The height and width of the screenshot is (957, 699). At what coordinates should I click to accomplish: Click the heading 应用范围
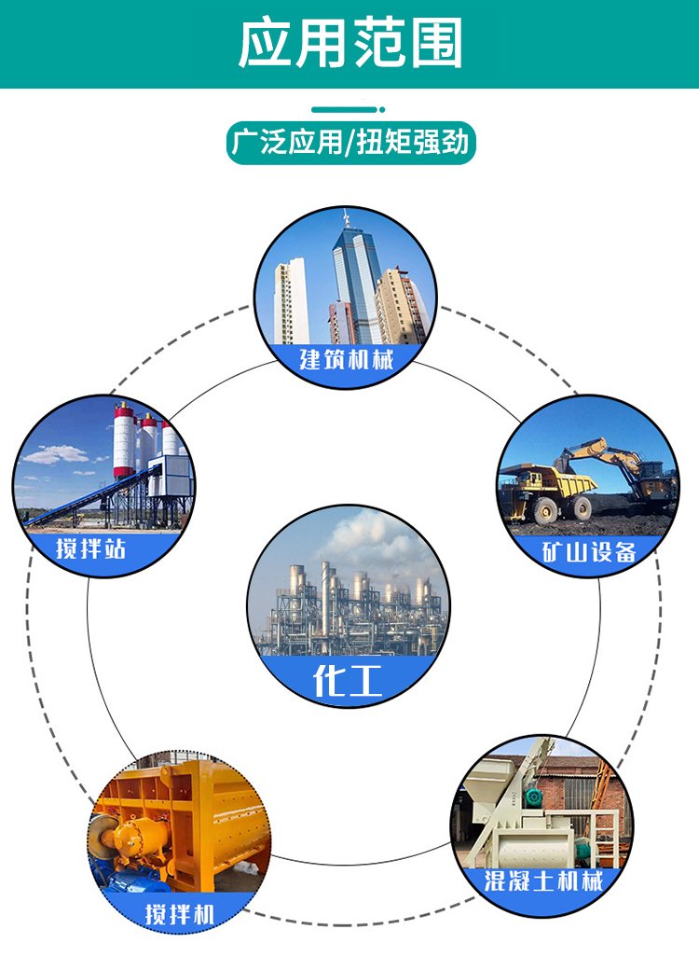[x=350, y=43]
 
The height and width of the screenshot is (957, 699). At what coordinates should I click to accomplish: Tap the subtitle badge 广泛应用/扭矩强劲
[x=350, y=143]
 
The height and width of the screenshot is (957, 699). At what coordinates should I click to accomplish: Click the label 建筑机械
[x=346, y=359]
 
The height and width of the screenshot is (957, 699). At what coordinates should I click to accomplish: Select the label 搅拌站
[x=90, y=548]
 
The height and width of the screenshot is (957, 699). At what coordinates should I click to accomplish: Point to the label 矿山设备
[x=589, y=552]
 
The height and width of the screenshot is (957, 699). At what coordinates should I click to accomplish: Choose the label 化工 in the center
[x=348, y=680]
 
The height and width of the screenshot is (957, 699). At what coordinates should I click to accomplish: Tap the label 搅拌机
[x=180, y=915]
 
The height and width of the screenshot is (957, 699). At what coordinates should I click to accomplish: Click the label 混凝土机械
[x=542, y=881]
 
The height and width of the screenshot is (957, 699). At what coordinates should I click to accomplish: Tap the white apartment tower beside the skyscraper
[x=291, y=301]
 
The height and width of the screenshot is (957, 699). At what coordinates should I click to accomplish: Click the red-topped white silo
[x=124, y=439]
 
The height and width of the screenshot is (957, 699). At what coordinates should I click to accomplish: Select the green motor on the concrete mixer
[x=536, y=796]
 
